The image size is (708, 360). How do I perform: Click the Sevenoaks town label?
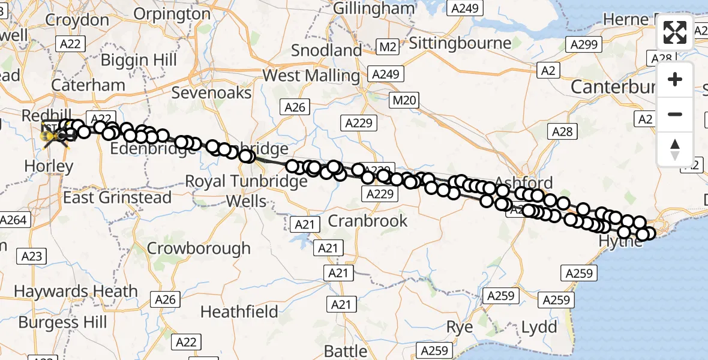[x=211, y=92]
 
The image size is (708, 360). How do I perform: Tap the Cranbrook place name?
[x=368, y=221]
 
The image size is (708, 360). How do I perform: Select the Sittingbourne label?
[x=460, y=43]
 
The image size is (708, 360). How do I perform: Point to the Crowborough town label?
[x=199, y=248]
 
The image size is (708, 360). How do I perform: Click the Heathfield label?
[x=239, y=312]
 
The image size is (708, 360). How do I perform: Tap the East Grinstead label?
[x=118, y=197]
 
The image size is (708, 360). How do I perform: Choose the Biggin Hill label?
[x=139, y=60]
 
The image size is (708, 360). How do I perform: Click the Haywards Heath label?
[x=76, y=292]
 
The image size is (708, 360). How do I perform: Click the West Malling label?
[x=311, y=76]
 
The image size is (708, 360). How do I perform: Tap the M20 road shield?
[x=404, y=100]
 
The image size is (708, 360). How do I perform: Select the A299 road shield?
[x=583, y=44]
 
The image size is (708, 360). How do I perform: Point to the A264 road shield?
[x=14, y=220]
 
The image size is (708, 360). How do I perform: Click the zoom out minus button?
[x=675, y=114]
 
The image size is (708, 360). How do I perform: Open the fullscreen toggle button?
[x=675, y=32]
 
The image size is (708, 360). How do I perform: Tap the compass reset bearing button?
[x=675, y=149]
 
